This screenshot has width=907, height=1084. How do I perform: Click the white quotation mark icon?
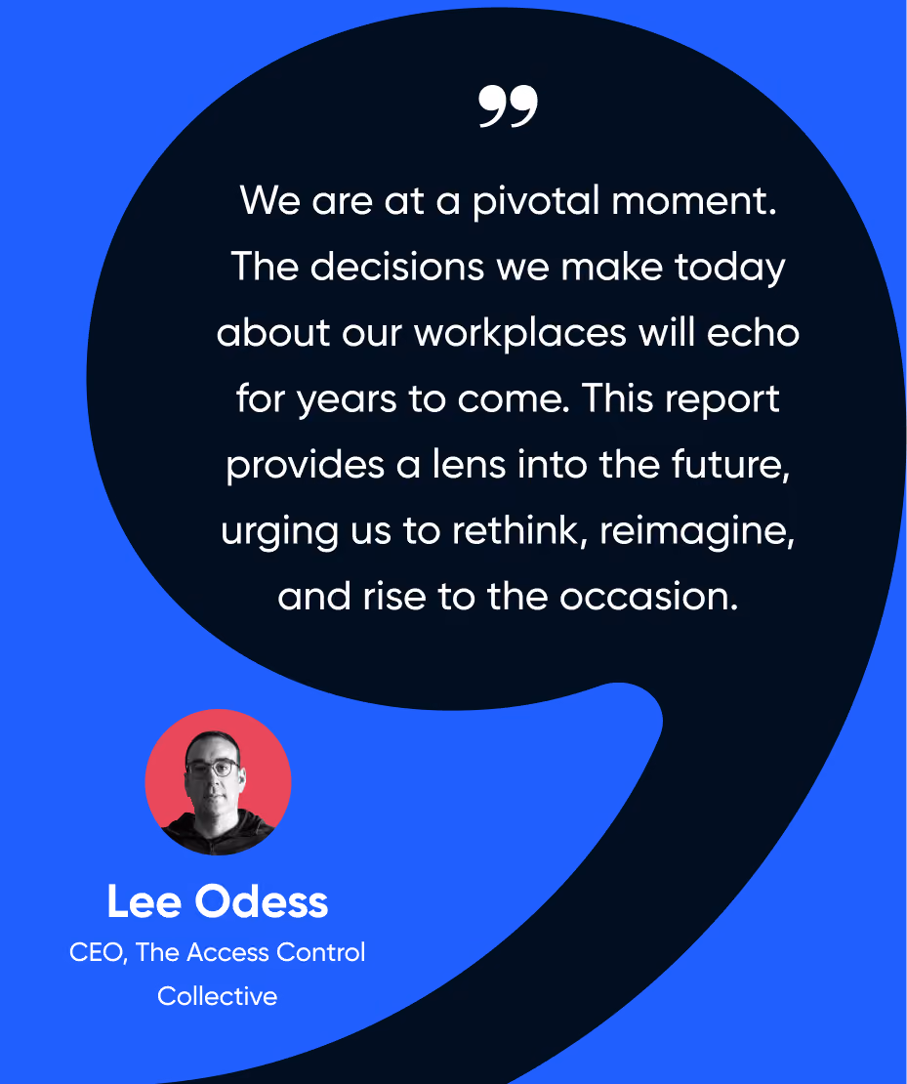(508, 105)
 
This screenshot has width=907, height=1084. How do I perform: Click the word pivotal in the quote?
(536, 202)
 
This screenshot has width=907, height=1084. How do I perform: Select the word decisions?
(396, 267)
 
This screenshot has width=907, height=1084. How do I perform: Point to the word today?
(730, 269)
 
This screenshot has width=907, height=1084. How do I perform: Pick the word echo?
(753, 333)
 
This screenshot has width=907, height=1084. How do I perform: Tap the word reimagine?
(697, 532)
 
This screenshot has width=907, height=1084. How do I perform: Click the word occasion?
(648, 597)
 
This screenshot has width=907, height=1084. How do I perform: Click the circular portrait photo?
(218, 782)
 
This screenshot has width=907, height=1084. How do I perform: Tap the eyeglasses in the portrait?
(212, 768)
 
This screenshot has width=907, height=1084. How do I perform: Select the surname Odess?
(262, 901)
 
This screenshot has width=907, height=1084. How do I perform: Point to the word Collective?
(217, 996)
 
